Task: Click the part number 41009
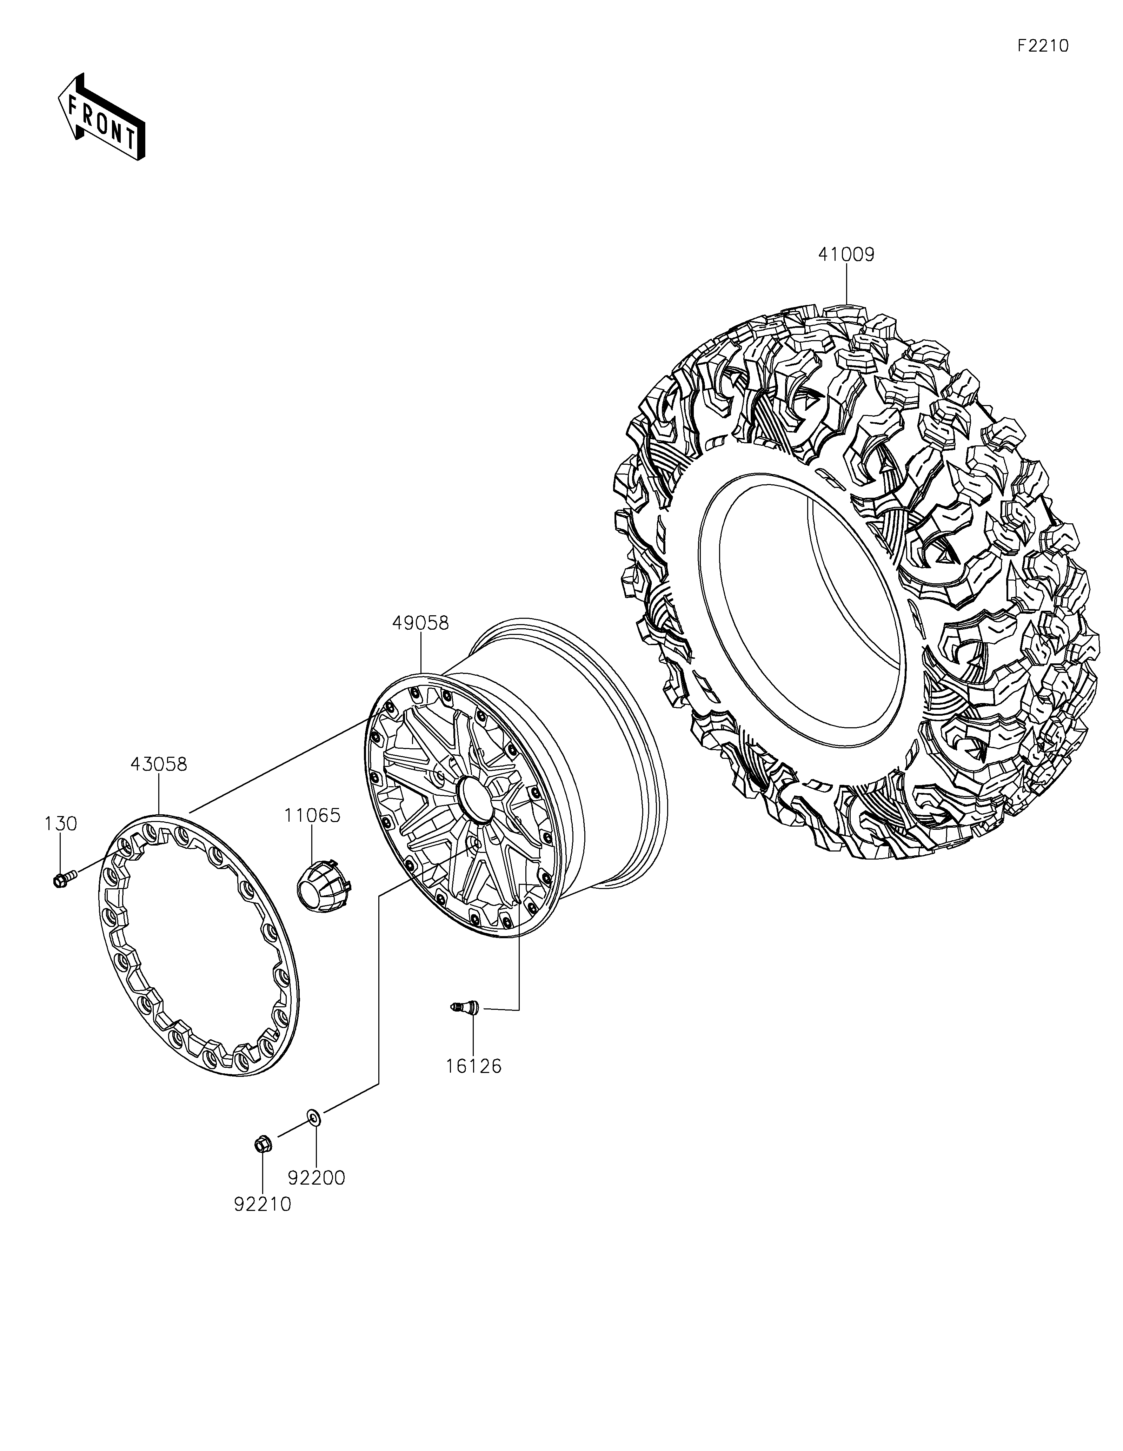click(846, 254)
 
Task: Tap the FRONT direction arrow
click(102, 116)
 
